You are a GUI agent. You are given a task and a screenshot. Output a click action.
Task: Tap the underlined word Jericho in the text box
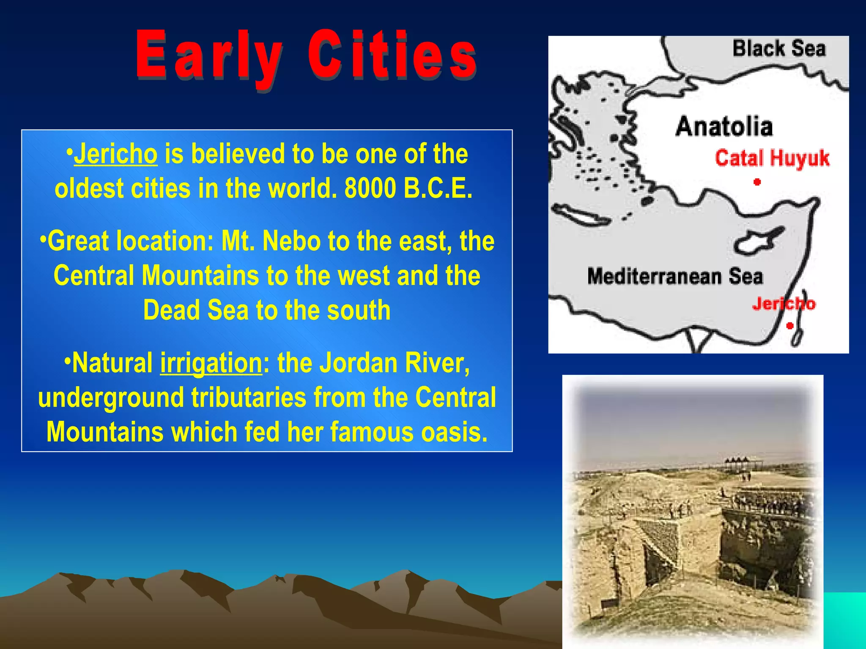click(x=115, y=154)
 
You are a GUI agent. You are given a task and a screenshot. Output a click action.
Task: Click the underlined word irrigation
click(x=211, y=363)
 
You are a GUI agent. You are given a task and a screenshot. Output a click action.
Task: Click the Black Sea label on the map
click(x=778, y=49)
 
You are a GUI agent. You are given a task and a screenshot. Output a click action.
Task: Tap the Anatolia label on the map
click(x=724, y=126)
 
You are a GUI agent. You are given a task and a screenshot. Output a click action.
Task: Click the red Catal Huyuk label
click(x=772, y=158)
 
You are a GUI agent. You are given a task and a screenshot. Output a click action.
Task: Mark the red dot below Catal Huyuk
click(x=757, y=182)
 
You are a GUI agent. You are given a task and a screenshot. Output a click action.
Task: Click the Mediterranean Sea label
click(x=675, y=277)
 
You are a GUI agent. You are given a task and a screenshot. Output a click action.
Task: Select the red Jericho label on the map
click(x=783, y=303)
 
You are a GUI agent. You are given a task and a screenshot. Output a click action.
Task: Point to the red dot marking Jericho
click(x=789, y=326)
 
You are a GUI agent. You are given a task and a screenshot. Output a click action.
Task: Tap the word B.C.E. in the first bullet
click(x=438, y=188)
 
